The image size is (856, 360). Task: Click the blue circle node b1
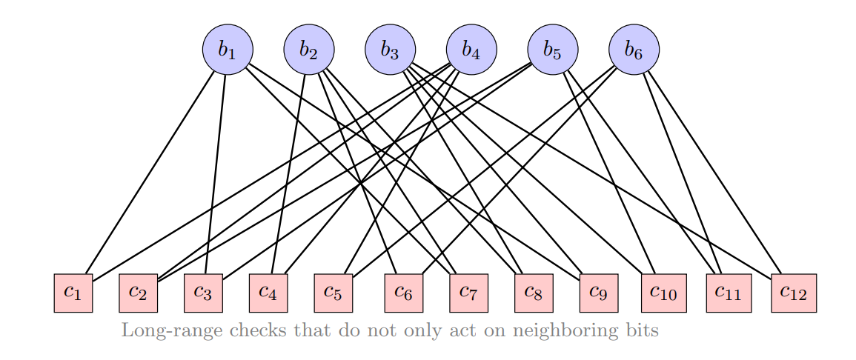[228, 50]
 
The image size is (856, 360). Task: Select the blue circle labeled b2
[309, 50]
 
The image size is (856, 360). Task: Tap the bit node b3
[390, 50]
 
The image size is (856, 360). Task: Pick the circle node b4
[471, 50]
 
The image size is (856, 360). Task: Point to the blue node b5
[553, 50]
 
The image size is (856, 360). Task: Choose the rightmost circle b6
[634, 50]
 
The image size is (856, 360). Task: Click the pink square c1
[73, 293]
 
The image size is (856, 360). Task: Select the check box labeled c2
[138, 293]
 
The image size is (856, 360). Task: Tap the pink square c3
[203, 293]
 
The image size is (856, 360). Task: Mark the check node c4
[268, 293]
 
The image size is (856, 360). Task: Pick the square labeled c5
[334, 293]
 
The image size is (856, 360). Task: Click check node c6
[403, 293]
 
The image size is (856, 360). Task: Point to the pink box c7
[468, 293]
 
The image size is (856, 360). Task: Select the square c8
[534, 293]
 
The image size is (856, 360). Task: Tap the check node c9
[599, 293]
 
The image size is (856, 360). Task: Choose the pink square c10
[663, 293]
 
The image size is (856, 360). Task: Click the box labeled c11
[729, 293]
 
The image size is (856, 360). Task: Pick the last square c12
[794, 293]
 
